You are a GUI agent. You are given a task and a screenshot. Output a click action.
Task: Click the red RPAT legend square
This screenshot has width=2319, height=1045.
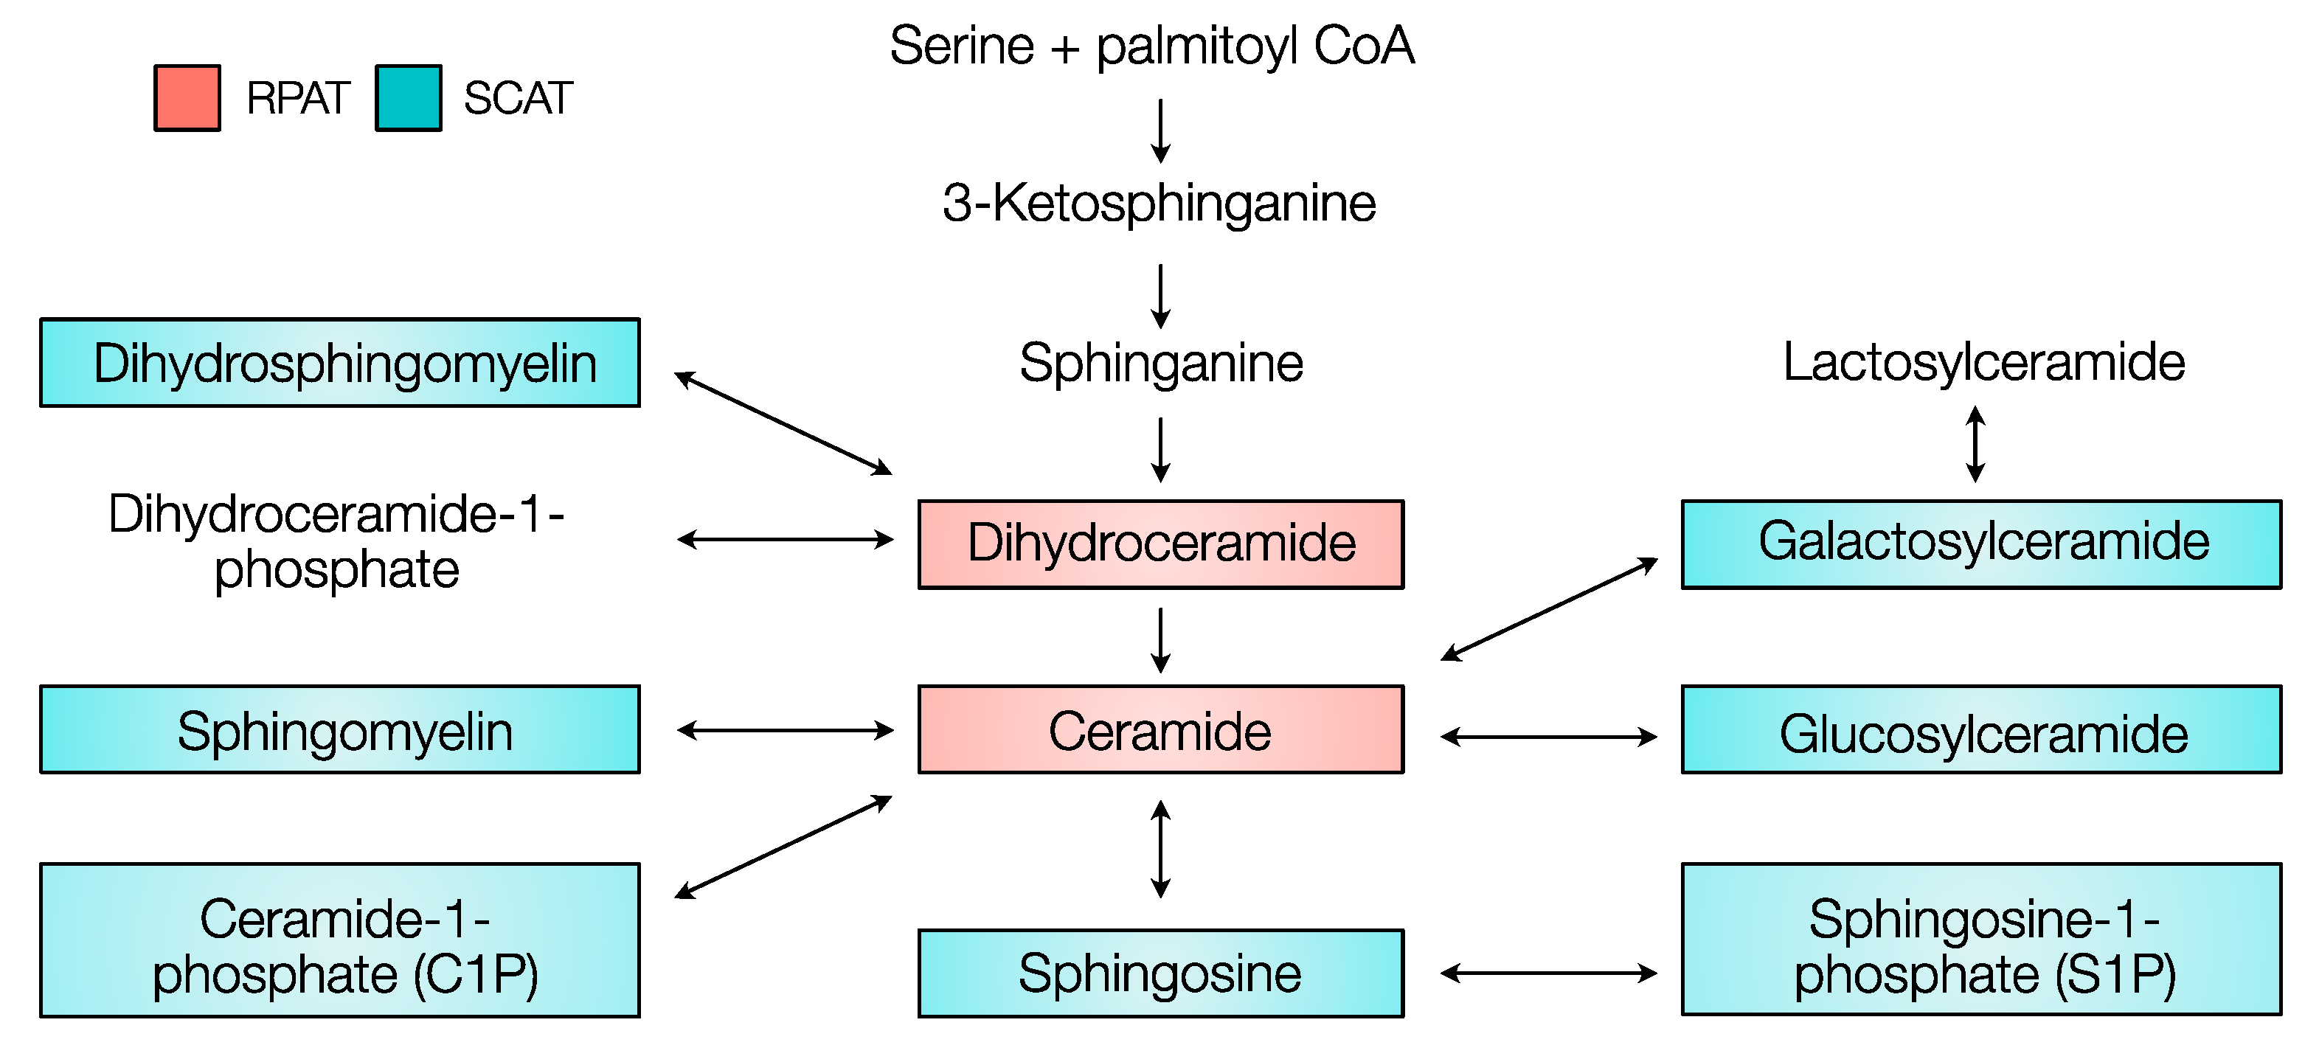click(x=187, y=98)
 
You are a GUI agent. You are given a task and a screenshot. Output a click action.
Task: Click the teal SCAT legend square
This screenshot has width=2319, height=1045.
click(x=408, y=98)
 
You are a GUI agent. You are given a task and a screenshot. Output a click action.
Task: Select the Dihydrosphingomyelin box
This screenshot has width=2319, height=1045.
click(x=339, y=363)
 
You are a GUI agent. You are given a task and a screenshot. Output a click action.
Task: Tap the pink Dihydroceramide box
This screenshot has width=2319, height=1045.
click(x=1160, y=544)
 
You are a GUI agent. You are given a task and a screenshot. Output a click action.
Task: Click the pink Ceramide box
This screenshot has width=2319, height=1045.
click(x=1160, y=730)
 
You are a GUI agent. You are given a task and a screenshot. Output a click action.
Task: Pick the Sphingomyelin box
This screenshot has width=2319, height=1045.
click(x=339, y=730)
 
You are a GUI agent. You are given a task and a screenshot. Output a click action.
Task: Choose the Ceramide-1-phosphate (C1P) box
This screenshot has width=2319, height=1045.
click(x=339, y=940)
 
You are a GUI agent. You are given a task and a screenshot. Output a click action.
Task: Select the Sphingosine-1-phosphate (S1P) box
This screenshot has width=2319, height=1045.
click(x=1981, y=940)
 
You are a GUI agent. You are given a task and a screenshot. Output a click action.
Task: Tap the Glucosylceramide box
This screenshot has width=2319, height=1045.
click(x=1981, y=730)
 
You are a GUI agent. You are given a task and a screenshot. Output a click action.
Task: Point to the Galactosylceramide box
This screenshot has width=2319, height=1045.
click(x=1981, y=544)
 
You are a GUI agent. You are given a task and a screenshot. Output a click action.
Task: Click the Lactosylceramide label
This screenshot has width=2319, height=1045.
click(x=1983, y=363)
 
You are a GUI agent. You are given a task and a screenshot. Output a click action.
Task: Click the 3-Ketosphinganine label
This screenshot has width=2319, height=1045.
click(x=1159, y=203)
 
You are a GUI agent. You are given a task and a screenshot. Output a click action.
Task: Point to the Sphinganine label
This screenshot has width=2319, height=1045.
click(x=1160, y=363)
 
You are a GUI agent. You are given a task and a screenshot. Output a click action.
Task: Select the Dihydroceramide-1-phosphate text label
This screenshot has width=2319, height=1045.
click(x=336, y=541)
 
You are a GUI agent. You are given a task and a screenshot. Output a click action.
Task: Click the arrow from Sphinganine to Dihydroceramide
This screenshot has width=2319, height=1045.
click(x=1161, y=450)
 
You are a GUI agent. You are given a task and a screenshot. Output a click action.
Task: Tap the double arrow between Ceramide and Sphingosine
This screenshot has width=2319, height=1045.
click(x=1161, y=849)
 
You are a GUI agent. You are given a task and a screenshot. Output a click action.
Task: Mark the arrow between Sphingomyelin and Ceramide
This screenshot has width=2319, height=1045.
click(x=785, y=730)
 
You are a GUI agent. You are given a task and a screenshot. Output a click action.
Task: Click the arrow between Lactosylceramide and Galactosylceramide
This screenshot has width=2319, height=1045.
click(x=1975, y=444)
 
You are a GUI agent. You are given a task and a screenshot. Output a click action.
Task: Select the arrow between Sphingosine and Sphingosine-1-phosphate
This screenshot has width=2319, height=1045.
click(x=1548, y=973)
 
